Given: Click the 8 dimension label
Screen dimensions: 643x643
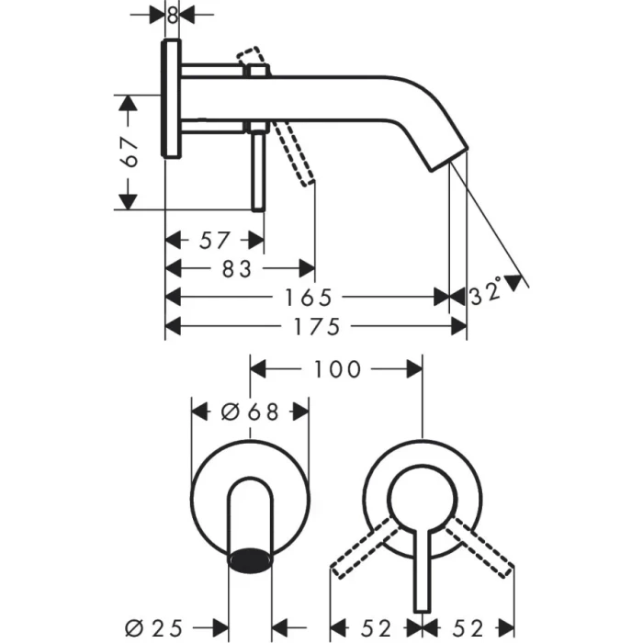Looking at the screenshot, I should [x=173, y=15].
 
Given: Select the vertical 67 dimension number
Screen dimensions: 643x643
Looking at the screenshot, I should [x=131, y=152].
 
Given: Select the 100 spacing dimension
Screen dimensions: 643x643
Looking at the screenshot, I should [x=336, y=369].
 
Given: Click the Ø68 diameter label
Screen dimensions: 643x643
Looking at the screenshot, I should [x=249, y=412].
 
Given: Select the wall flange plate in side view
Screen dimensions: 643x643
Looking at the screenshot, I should [x=172, y=99].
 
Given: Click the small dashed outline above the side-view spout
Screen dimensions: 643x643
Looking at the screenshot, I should [x=253, y=60].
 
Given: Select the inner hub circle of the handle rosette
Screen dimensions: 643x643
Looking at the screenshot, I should [x=422, y=503].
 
